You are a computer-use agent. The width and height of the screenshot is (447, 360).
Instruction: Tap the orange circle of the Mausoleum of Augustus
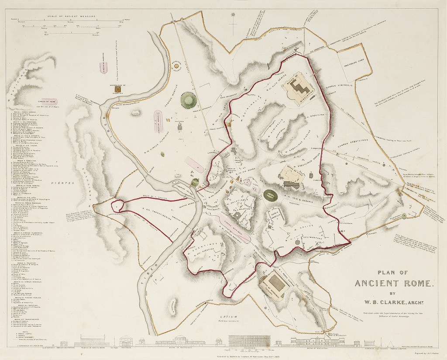tap(177, 66)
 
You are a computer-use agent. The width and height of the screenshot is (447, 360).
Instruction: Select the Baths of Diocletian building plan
tap(300, 89)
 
